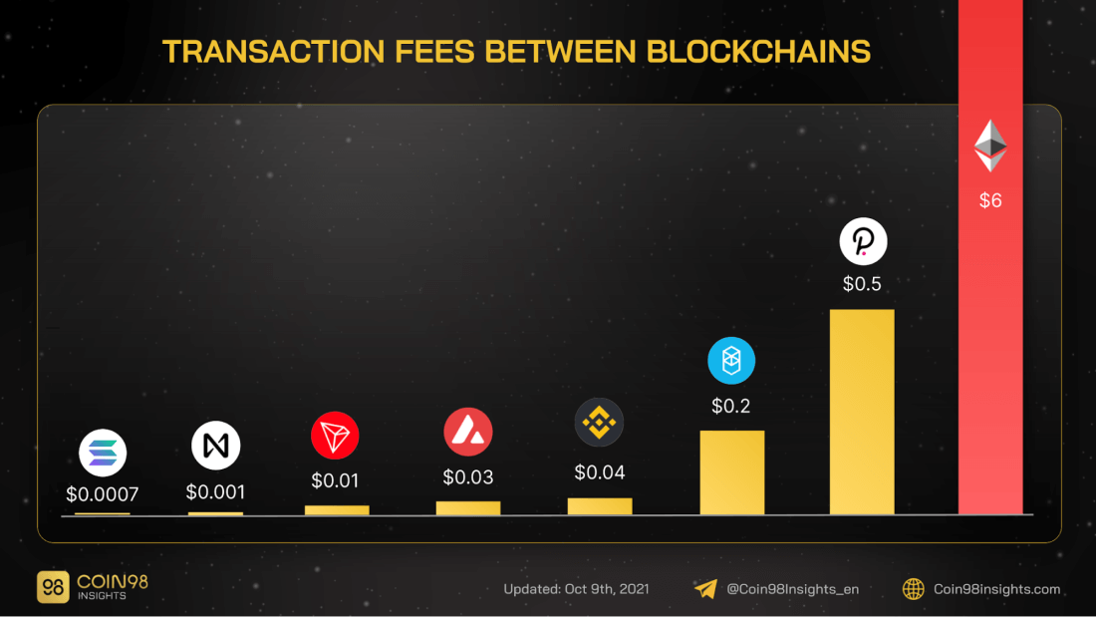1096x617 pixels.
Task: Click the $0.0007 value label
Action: (x=102, y=493)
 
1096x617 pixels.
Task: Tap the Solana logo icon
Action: (x=103, y=454)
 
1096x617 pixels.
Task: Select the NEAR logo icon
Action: (x=216, y=446)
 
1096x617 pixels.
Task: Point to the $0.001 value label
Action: (x=215, y=491)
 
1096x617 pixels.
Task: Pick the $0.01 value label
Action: (x=335, y=480)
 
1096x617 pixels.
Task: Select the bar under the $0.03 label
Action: (x=468, y=508)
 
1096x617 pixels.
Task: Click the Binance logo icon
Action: (x=599, y=423)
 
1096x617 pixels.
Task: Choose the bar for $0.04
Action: (x=600, y=506)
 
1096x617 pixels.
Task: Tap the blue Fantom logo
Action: (x=731, y=361)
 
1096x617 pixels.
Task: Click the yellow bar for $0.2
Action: (x=732, y=472)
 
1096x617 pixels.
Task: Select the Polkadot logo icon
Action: (x=863, y=241)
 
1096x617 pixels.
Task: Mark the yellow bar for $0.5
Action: (x=862, y=412)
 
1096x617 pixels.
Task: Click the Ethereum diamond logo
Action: (x=990, y=146)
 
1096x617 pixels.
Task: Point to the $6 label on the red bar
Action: (x=990, y=200)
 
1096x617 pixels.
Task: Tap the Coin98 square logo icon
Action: (x=53, y=587)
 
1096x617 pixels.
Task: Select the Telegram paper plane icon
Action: (x=705, y=589)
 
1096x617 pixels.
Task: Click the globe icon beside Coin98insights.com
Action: (x=913, y=589)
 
